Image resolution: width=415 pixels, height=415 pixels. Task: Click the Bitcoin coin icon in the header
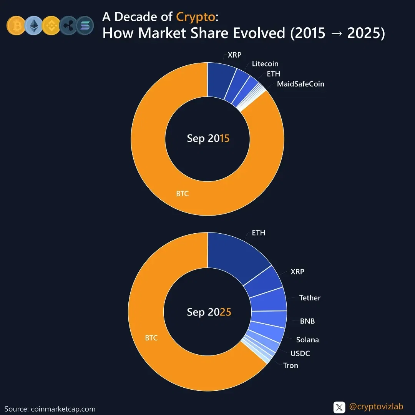coord(16,25)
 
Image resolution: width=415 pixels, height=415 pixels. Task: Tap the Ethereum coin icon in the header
coord(33,25)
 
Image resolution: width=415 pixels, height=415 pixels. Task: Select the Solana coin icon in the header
coord(85,25)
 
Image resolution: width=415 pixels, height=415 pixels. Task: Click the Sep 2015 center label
coord(208,138)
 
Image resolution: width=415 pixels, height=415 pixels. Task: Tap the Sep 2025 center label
coord(209,312)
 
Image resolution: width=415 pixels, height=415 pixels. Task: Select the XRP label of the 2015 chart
coord(234,55)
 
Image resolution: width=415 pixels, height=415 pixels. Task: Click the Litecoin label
coord(265,64)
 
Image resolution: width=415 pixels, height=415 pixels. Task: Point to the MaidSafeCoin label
coord(300,84)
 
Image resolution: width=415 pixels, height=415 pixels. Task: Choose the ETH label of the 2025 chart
coord(259,233)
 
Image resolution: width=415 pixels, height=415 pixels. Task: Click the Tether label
coord(310,298)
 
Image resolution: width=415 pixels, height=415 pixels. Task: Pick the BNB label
coord(307,321)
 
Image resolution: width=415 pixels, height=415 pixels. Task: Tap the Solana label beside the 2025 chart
coord(307,340)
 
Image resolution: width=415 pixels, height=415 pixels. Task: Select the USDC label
coord(300,354)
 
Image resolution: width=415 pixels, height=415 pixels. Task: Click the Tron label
coord(290,365)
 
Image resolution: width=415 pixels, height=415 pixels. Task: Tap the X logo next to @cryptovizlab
coord(339,407)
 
